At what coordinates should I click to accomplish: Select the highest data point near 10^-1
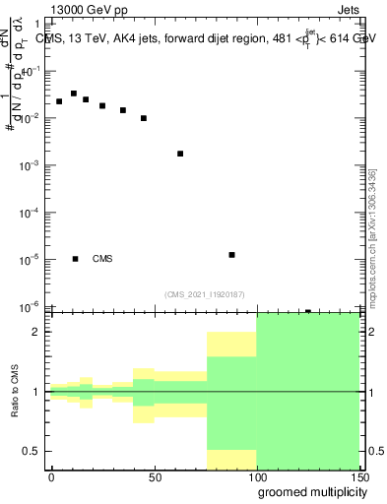(74, 94)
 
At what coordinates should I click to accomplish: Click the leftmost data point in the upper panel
(59, 101)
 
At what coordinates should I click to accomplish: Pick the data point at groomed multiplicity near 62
(180, 154)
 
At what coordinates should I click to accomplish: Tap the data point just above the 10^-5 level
(231, 255)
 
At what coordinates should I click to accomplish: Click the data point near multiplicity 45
(144, 118)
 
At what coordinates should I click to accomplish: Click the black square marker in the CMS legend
(76, 259)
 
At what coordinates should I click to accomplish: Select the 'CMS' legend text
(102, 259)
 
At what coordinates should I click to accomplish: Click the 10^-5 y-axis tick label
(30, 260)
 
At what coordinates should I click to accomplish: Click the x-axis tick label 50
(154, 477)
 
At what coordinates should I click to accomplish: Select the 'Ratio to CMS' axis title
(14, 392)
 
